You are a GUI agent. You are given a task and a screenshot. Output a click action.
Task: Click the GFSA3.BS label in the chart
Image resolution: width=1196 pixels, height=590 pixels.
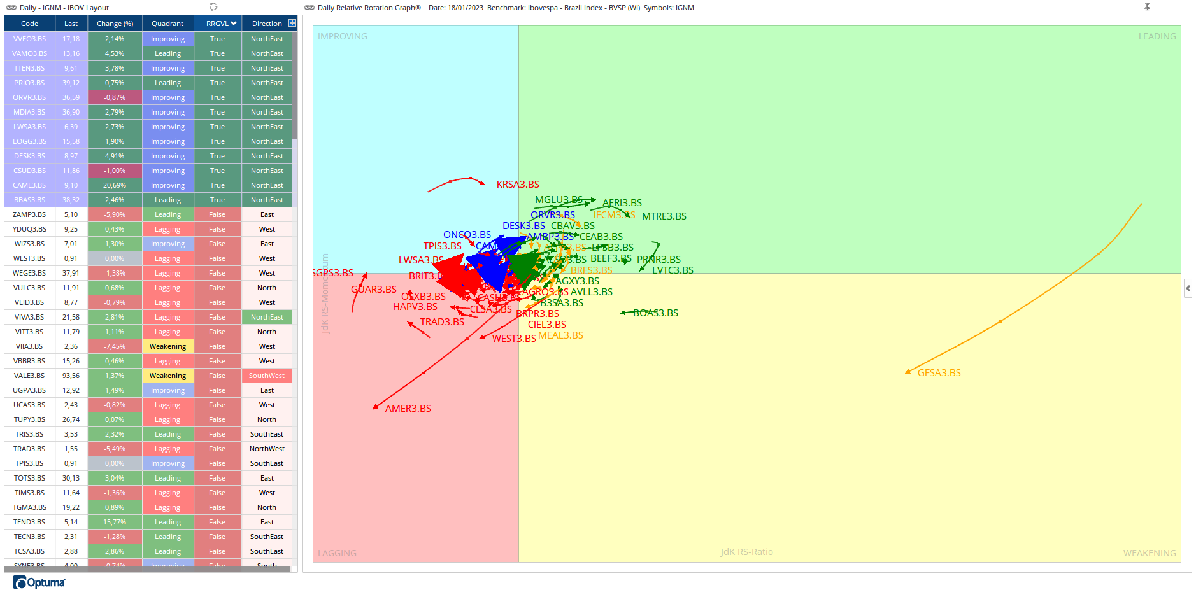pos(939,373)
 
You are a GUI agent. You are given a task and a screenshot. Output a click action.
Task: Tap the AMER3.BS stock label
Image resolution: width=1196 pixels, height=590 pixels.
pos(408,409)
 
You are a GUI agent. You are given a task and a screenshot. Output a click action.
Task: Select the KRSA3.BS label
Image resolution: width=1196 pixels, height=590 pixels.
pos(518,185)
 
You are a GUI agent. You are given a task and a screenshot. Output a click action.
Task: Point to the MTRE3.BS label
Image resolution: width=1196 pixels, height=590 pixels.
pos(664,216)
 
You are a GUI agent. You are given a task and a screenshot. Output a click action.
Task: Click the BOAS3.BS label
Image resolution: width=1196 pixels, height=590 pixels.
pos(655,313)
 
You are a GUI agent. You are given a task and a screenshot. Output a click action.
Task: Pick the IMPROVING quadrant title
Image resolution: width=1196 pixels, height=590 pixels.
pos(342,36)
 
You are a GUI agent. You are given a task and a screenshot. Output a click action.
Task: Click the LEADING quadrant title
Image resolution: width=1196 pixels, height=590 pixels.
pos(1157,36)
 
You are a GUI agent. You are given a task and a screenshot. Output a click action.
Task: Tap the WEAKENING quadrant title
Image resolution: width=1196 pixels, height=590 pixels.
pos(1149,553)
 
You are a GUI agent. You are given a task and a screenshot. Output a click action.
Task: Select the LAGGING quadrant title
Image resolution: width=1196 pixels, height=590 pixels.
pos(337,553)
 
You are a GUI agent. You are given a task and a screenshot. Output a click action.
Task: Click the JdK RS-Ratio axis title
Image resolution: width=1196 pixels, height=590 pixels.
pos(746,552)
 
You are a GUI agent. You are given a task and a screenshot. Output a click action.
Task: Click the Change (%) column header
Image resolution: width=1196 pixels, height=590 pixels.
pos(115,24)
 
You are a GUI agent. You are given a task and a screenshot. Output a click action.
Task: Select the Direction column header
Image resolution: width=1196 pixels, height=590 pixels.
pos(267,24)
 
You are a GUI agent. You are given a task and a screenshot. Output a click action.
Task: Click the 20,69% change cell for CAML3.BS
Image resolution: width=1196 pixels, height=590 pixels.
pos(115,185)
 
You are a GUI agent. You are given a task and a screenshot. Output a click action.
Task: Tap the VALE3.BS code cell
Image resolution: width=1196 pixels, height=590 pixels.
pos(29,376)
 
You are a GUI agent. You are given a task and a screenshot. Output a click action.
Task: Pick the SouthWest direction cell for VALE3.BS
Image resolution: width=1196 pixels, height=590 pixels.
pos(267,376)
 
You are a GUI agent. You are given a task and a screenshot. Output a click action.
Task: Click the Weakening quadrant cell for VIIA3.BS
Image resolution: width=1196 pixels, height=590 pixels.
pos(167,346)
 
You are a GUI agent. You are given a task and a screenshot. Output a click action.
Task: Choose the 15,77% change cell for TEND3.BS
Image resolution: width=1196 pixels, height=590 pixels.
pos(115,522)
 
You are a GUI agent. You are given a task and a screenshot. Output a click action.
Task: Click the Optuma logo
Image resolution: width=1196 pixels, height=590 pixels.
pos(39,582)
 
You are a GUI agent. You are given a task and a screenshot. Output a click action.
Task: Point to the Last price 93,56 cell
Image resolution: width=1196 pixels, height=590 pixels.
pos(71,376)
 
